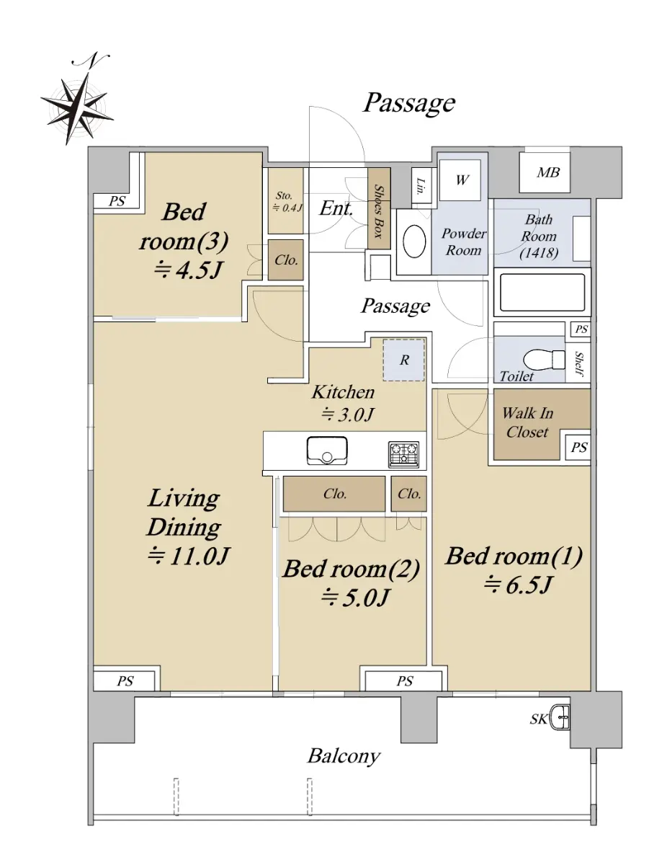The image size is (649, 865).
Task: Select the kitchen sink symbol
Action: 327,450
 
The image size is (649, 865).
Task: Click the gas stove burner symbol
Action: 404,454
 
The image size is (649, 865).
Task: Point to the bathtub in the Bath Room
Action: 542,293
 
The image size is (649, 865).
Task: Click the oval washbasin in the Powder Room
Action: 414,241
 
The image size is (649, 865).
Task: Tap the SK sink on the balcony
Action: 560,719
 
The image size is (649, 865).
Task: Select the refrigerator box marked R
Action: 404,360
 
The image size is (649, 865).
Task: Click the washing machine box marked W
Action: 460,180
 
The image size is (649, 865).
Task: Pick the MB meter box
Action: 545,172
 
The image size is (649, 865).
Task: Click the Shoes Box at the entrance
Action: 379,208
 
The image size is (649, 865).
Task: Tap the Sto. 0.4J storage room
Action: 286,200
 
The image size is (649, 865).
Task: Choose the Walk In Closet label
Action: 528,423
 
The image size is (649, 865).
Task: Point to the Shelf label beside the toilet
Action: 579,363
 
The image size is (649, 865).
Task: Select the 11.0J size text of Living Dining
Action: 188,557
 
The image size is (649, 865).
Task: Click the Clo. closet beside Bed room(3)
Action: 286,260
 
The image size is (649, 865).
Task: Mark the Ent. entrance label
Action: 336,208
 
